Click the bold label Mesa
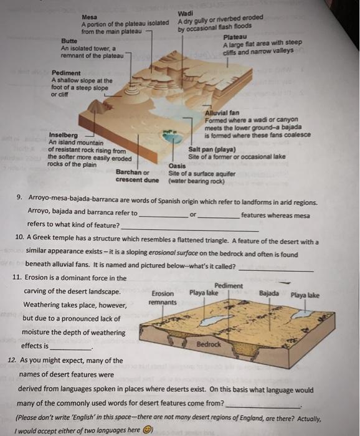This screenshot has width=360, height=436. (x=90, y=17)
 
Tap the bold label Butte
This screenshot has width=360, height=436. (x=69, y=41)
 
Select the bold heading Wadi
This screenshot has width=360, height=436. (x=186, y=13)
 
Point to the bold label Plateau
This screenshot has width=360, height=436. (x=235, y=37)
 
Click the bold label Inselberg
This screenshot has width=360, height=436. (x=64, y=135)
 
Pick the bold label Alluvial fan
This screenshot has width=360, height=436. (x=222, y=113)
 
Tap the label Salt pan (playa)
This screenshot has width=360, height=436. (x=212, y=149)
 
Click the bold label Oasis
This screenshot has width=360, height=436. (x=177, y=166)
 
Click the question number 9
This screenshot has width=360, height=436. (x=19, y=197)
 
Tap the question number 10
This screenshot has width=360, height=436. (x=19, y=237)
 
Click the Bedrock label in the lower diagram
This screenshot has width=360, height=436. (x=209, y=344)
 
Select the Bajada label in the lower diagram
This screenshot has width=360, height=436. (x=269, y=293)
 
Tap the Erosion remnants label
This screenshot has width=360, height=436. (x=163, y=298)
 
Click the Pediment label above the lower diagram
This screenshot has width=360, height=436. (x=229, y=285)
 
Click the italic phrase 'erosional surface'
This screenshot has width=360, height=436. (x=174, y=253)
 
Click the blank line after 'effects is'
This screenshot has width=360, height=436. (x=71, y=349)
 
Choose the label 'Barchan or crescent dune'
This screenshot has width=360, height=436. (x=137, y=176)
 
